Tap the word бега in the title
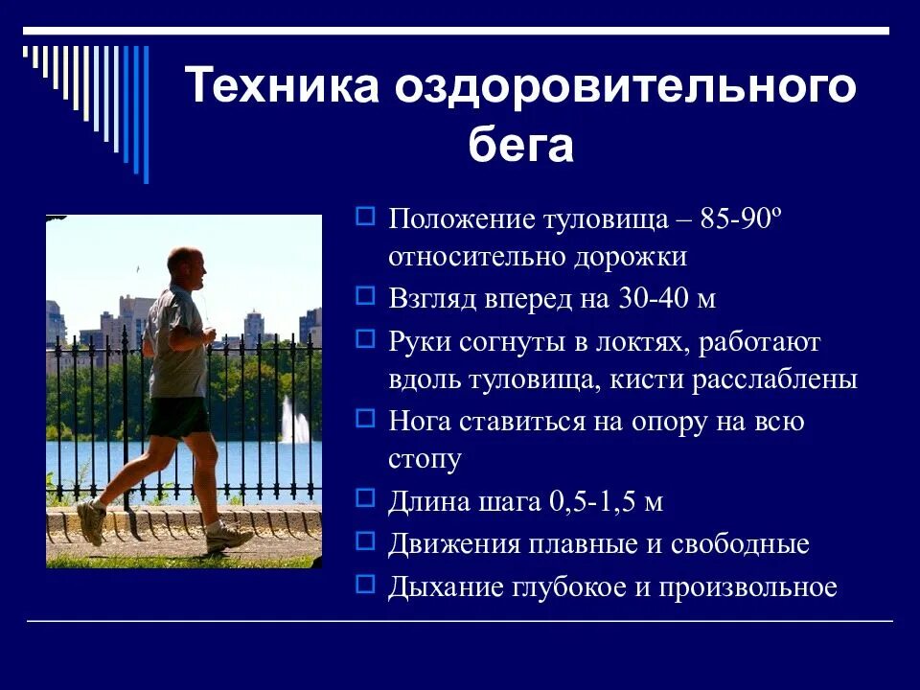521,146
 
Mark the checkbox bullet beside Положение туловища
365,217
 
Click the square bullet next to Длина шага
365,498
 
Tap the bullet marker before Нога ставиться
365,418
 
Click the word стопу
425,458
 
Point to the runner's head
186,267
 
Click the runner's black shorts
178,416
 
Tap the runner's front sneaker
229,537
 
